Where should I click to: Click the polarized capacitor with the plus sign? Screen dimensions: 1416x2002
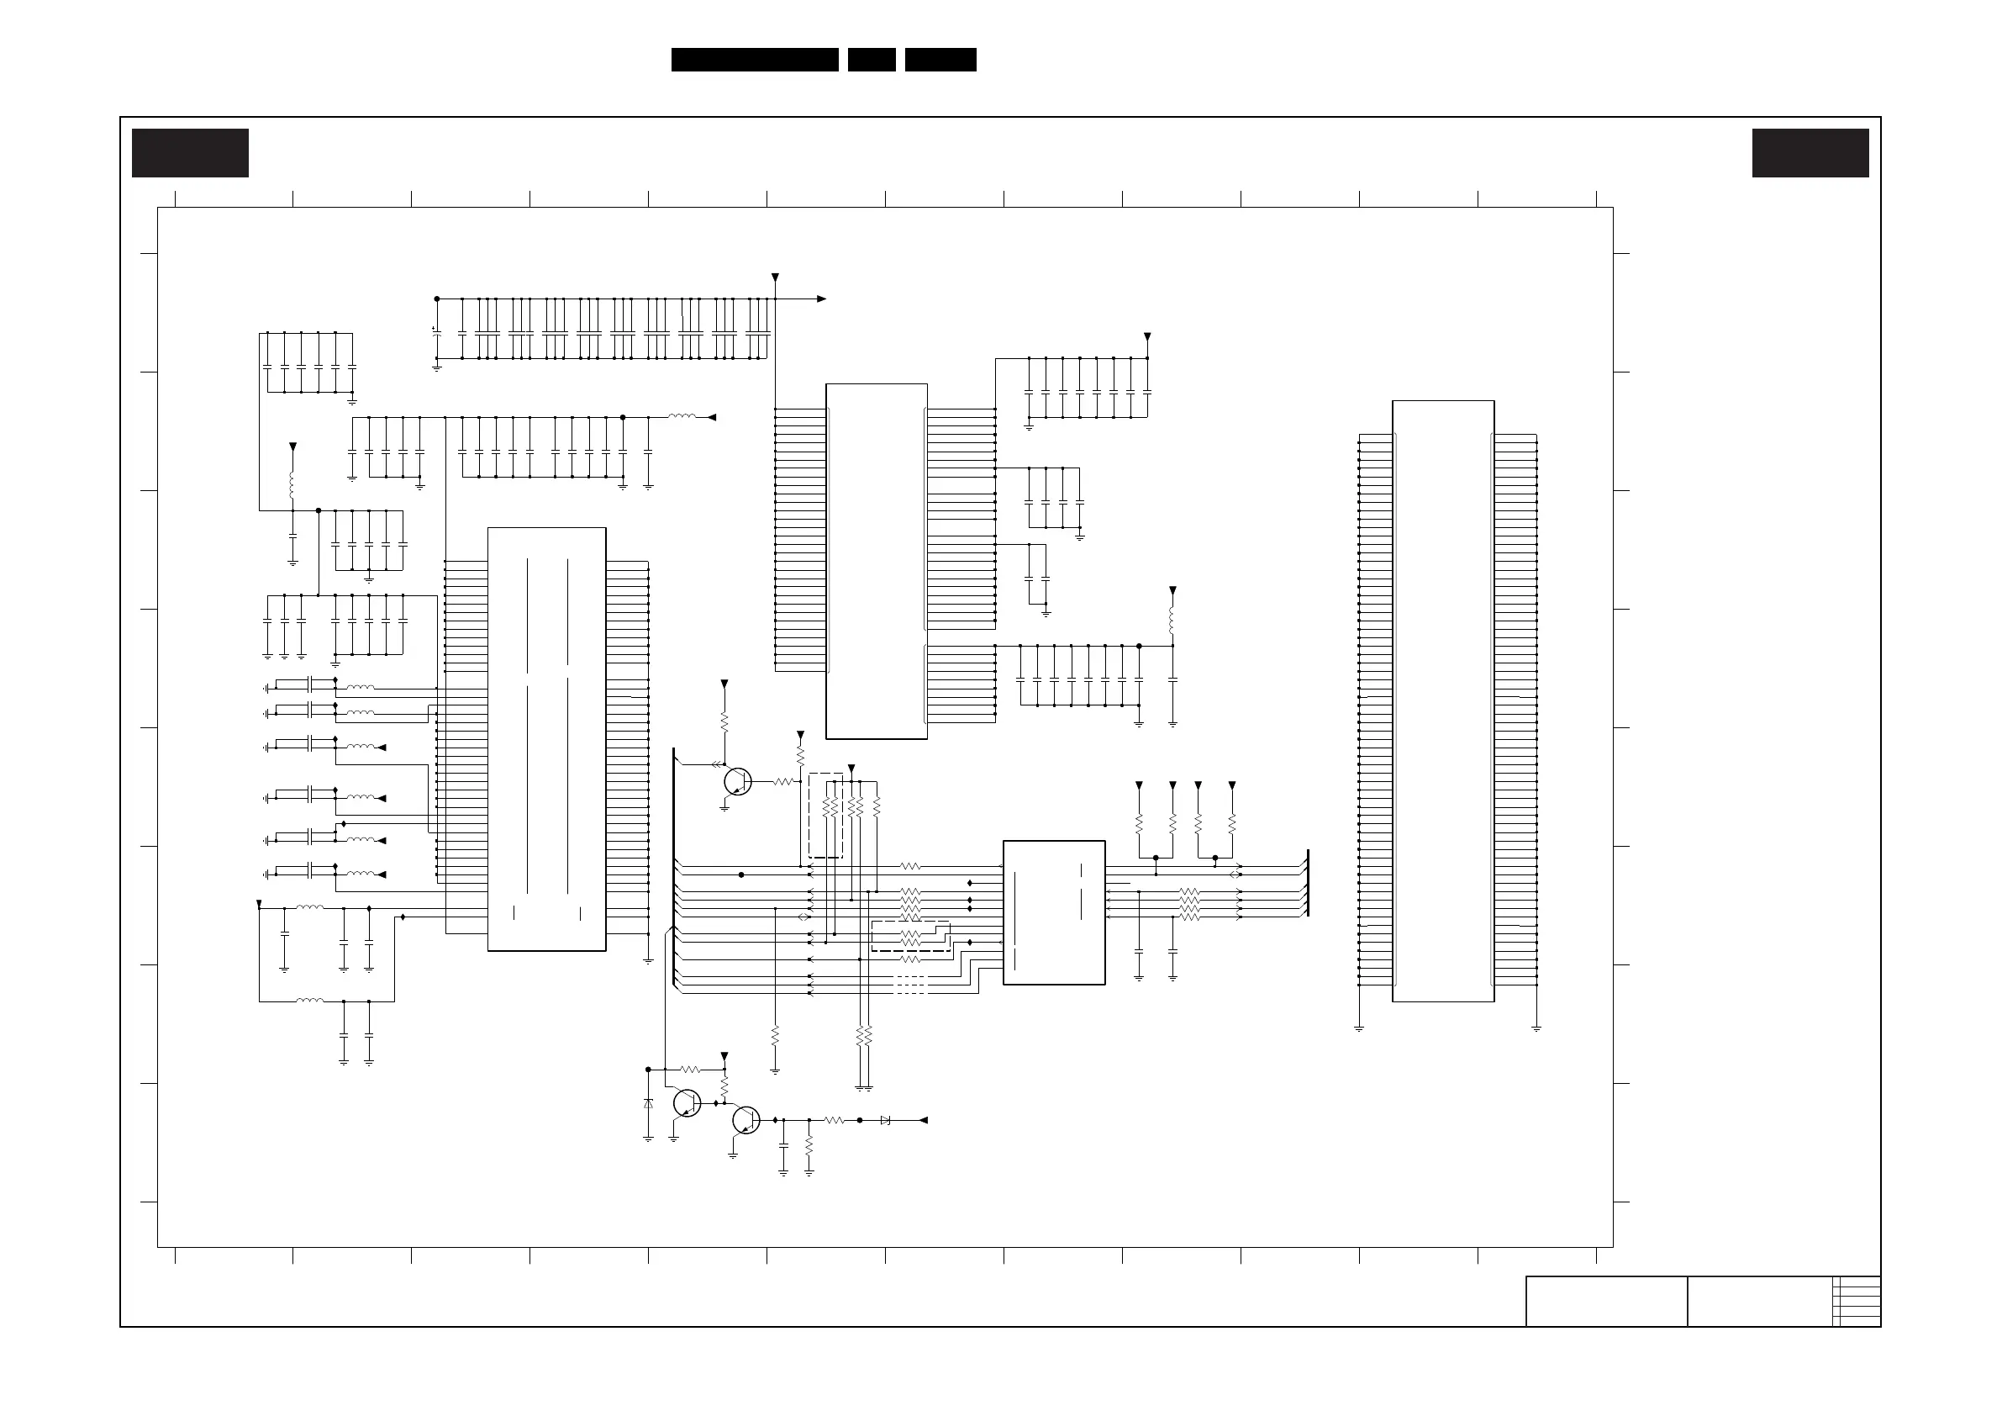pyautogui.click(x=436, y=332)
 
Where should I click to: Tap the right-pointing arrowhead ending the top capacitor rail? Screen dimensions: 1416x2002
pyautogui.click(x=821, y=299)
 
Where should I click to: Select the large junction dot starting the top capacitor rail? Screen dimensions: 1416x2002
pyautogui.click(x=437, y=299)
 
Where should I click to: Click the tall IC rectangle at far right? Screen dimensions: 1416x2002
pyautogui.click(x=1443, y=700)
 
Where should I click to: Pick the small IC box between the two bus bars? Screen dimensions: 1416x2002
pyautogui.click(x=1054, y=912)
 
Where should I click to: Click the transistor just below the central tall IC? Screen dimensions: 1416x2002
pyautogui.click(x=738, y=782)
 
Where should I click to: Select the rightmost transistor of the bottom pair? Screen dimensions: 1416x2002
pyautogui.click(x=745, y=1120)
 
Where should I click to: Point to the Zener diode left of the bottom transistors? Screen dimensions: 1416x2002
pyautogui.click(x=648, y=1104)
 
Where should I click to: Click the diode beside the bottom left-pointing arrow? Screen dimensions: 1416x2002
pyautogui.click(x=886, y=1120)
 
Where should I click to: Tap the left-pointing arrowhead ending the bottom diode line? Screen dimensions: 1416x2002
pyautogui.click(x=923, y=1120)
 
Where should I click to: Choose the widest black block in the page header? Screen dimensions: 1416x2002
pyautogui.click(x=754, y=60)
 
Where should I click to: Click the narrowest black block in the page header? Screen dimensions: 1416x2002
pyautogui.click(x=871, y=60)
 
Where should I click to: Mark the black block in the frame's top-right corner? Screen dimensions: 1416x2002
pyautogui.click(x=1810, y=153)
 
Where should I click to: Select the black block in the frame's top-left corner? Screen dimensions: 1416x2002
pyautogui.click(x=190, y=153)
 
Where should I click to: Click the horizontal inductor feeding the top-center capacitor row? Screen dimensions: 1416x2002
pyautogui.click(x=682, y=417)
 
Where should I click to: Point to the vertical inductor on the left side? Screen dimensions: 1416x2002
pyautogui.click(x=293, y=484)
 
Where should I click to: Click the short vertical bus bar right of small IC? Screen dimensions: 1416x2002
pyautogui.click(x=1308, y=883)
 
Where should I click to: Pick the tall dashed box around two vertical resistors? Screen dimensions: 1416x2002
pyautogui.click(x=825, y=815)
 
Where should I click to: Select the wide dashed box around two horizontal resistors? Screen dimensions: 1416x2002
pyautogui.click(x=910, y=936)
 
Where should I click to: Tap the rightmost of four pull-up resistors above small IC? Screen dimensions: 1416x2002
pyautogui.click(x=1232, y=822)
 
